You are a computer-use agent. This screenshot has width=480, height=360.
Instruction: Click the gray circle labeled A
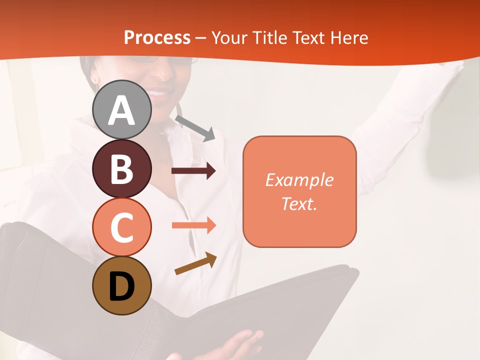click(122, 109)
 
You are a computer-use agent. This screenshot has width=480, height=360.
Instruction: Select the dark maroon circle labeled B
click(122, 168)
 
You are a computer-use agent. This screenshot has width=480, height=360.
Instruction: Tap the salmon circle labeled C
click(122, 227)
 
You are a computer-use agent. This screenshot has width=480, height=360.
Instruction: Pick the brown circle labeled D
click(122, 285)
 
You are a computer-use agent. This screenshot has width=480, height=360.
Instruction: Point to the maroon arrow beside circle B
click(193, 171)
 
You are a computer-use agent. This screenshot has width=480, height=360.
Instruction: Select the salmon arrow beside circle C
click(193, 225)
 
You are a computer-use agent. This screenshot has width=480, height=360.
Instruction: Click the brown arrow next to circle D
click(195, 263)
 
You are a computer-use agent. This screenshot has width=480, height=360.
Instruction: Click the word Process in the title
click(157, 38)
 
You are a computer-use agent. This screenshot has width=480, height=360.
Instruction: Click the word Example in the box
click(299, 180)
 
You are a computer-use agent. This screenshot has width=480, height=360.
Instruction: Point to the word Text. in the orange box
click(299, 203)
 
